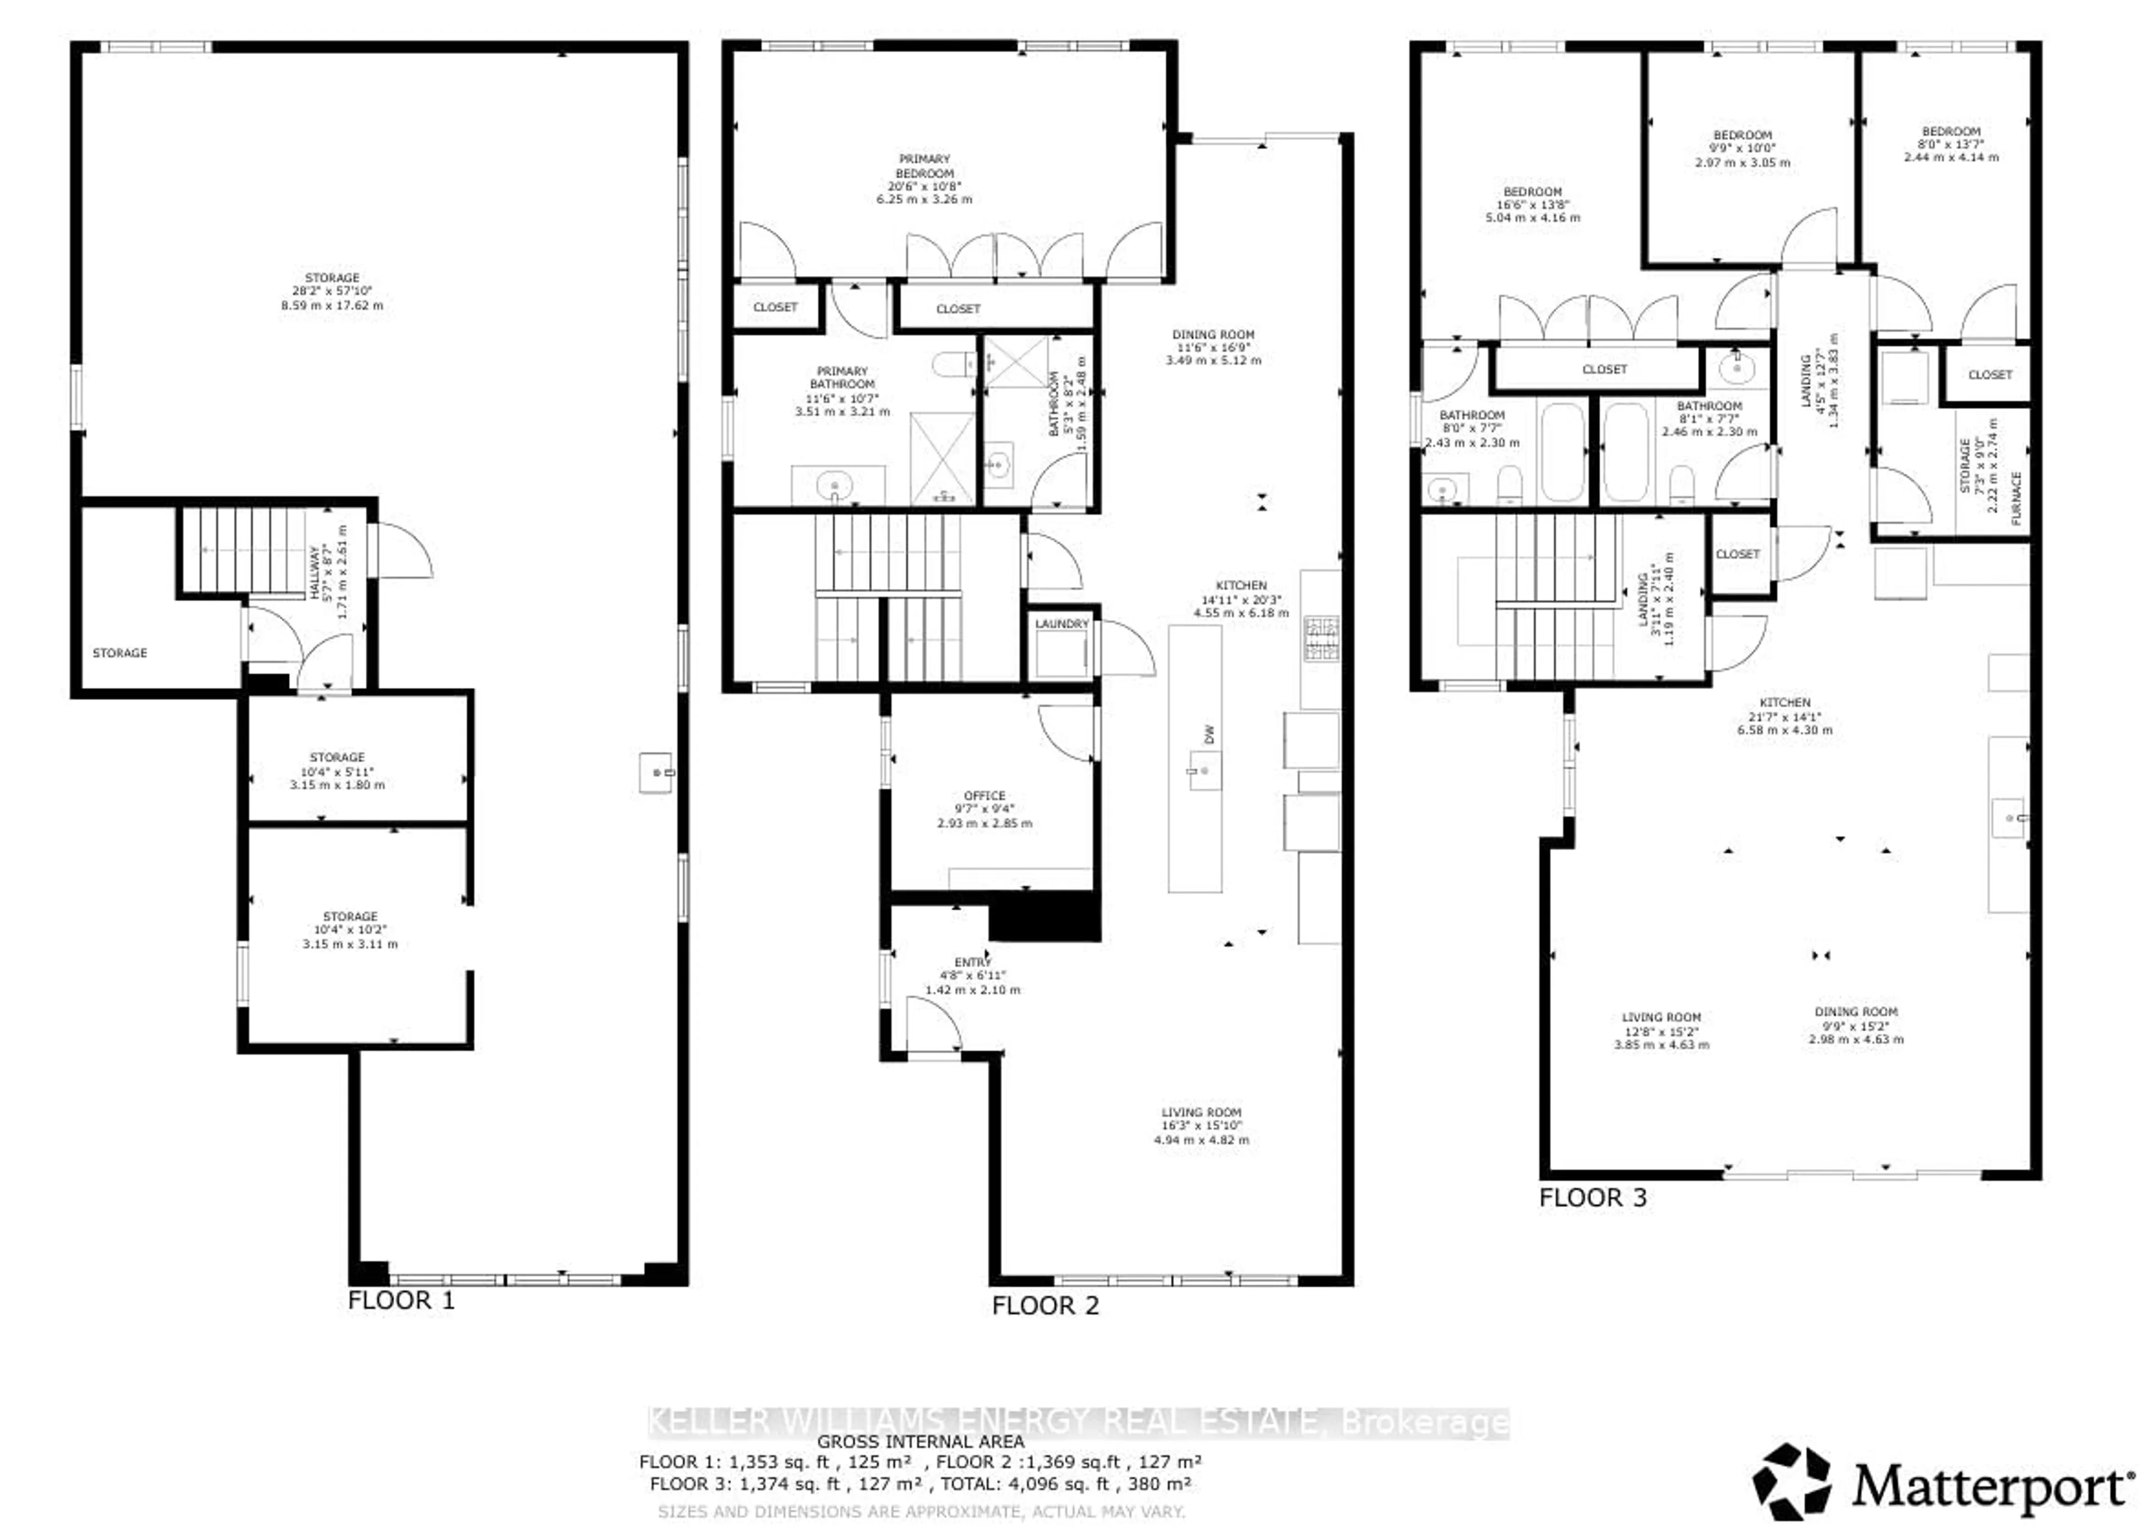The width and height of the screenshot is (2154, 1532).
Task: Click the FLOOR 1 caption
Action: tap(401, 1300)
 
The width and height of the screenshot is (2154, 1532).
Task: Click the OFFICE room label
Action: tap(984, 795)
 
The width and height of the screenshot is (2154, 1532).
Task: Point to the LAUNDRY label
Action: tap(1061, 624)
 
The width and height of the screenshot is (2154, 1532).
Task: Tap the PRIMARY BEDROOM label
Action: tap(924, 166)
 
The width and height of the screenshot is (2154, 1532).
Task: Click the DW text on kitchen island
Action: tap(1209, 734)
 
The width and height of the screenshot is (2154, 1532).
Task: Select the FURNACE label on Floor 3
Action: tap(2017, 498)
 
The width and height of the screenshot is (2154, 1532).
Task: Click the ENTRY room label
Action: tap(972, 962)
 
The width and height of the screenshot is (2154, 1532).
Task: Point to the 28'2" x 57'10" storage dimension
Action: tap(332, 292)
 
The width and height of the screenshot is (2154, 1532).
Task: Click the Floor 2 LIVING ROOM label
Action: tap(1200, 1112)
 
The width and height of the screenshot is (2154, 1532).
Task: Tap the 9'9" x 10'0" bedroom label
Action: tap(1742, 148)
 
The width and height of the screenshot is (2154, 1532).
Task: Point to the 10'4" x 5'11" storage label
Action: tap(337, 771)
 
